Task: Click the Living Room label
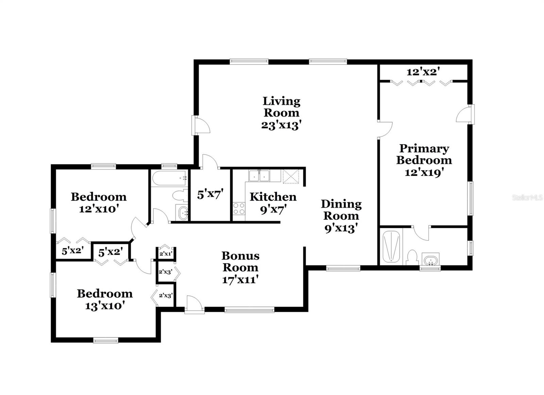(282, 107)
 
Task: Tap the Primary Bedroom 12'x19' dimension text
(424, 172)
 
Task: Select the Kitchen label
(273, 197)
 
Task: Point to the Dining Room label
(341, 210)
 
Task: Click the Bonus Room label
(240, 261)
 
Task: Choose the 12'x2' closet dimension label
(423, 72)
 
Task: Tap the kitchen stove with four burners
(239, 209)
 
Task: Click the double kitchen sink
(259, 176)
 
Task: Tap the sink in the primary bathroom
(430, 259)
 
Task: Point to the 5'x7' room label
(210, 195)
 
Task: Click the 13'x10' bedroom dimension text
(105, 306)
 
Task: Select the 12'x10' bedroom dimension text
(99, 209)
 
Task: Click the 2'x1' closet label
(166, 253)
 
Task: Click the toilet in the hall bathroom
(180, 196)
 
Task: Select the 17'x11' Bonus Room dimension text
(240, 280)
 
